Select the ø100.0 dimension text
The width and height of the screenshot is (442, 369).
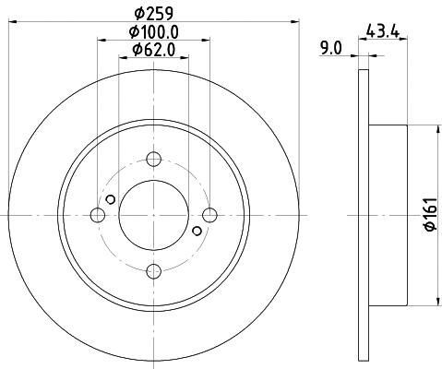(x=153, y=32)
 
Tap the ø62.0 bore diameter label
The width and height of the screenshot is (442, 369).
(x=153, y=50)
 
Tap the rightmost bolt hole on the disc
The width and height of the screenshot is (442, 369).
(x=210, y=216)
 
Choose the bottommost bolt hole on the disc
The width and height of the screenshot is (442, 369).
(x=154, y=271)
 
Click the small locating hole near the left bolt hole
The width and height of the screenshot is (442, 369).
(x=111, y=200)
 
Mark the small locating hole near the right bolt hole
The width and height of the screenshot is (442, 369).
(x=197, y=232)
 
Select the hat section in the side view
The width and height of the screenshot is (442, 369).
(x=388, y=216)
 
